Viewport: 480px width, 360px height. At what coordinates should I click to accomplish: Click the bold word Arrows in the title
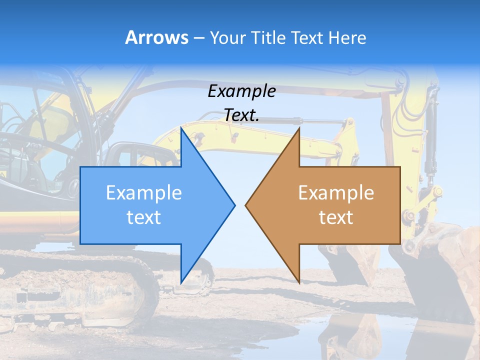[156, 37]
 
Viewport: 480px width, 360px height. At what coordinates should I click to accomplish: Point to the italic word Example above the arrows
[241, 91]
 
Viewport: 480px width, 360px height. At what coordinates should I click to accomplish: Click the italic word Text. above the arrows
[241, 115]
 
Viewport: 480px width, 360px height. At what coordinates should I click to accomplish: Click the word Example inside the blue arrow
[144, 193]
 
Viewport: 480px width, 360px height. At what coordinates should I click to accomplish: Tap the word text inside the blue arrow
[144, 217]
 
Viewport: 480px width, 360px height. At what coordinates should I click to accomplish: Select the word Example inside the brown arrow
[336, 193]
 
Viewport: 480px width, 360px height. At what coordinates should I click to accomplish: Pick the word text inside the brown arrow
[336, 217]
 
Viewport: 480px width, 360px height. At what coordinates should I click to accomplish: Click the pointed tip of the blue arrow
[234, 205]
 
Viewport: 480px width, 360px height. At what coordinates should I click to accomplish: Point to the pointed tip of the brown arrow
[246, 205]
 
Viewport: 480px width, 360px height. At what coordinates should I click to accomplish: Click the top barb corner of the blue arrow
[181, 128]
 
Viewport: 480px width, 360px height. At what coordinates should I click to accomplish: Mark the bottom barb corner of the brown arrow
[298, 282]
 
